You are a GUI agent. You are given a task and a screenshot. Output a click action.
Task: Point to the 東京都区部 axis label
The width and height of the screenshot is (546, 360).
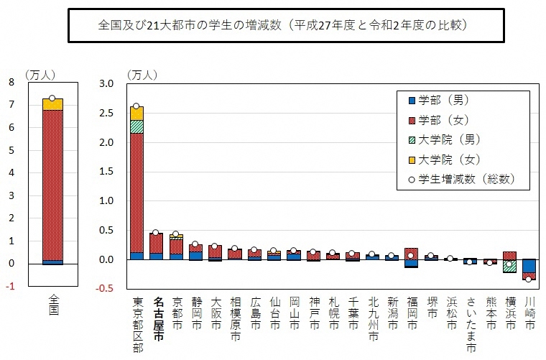coord(137,324)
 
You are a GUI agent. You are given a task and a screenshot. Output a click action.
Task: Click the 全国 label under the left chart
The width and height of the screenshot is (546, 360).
coord(53,304)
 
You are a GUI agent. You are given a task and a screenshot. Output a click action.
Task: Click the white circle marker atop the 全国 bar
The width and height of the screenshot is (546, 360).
coord(52,98)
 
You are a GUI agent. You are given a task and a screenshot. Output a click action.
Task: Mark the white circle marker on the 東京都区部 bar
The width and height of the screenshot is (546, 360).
coord(136,106)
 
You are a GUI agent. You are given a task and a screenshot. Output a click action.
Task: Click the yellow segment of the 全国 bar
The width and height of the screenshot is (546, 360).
coord(52,104)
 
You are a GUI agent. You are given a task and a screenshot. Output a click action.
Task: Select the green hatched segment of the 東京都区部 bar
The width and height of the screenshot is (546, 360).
coord(136,126)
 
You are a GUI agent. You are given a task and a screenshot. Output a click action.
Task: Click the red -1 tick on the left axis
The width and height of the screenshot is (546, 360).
coord(9,286)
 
